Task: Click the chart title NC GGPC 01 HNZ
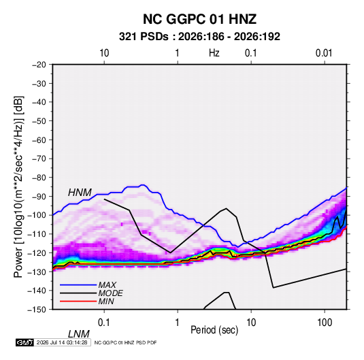pos(199,19)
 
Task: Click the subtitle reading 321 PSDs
pos(144,37)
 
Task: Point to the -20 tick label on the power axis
pos(39,65)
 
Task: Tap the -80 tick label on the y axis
pos(39,178)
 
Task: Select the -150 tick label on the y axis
pos(37,310)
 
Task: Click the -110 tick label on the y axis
pos(37,234)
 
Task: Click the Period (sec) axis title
pos(214,330)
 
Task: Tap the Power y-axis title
pos(18,186)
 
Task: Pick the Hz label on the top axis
pos(214,53)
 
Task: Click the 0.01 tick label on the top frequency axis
pos(324,53)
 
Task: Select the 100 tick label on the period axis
pos(325,323)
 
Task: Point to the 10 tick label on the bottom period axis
pos(251,323)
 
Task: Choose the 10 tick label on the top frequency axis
pos(104,53)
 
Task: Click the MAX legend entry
pos(107,285)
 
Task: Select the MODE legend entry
pos(110,293)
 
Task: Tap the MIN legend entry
pos(106,301)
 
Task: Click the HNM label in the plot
pos(80,193)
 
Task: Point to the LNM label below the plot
pos(79,334)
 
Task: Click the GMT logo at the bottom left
pos(25,342)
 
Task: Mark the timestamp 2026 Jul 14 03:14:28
pos(62,342)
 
